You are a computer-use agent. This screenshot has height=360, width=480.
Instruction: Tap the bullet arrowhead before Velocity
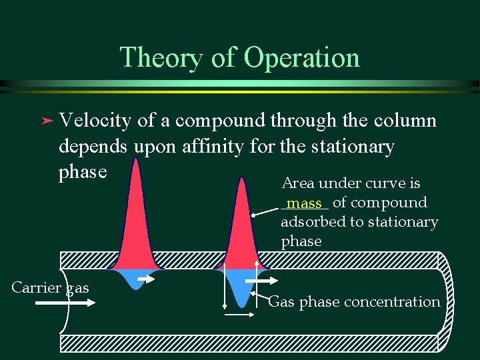tap(45, 121)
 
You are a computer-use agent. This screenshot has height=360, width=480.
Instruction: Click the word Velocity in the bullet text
tap(95, 121)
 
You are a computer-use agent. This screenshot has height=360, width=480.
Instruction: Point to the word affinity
tap(213, 146)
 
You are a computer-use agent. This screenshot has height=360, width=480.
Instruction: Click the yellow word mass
tap(304, 203)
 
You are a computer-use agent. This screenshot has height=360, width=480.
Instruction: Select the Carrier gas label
tap(50, 287)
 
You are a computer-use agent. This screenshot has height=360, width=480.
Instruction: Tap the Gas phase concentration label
tap(354, 302)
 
